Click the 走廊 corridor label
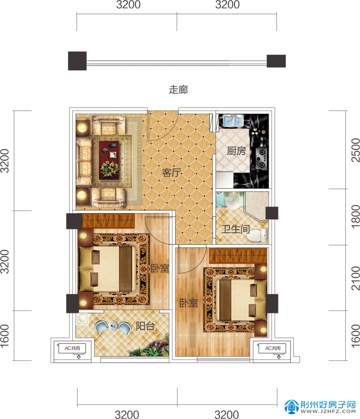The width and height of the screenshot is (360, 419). (x=178, y=90)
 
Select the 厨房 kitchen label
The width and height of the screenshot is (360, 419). (x=236, y=151)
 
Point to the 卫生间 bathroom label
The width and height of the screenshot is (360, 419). (x=236, y=229)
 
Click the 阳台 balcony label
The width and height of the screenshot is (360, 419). (x=145, y=326)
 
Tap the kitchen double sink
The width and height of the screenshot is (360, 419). (x=233, y=121)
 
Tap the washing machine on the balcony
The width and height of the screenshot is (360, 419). (x=82, y=320)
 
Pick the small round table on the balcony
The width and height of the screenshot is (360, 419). (x=113, y=326)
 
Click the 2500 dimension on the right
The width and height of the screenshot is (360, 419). (x=355, y=150)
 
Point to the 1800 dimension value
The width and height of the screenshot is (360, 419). (x=355, y=216)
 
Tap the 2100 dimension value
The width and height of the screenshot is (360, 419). (x=355, y=278)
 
